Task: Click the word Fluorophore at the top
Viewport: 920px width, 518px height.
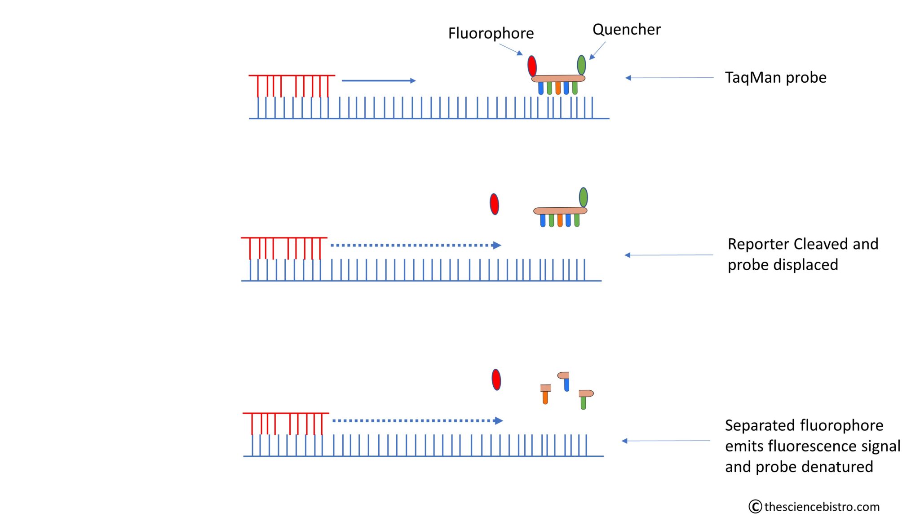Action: pyautogui.click(x=491, y=33)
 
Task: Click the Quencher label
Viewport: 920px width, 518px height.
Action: pyautogui.click(x=626, y=30)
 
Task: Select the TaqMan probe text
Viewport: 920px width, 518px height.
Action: pyautogui.click(x=775, y=77)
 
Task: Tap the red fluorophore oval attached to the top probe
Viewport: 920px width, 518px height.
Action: pyautogui.click(x=532, y=66)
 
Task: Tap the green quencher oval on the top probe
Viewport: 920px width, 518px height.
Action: pyautogui.click(x=581, y=65)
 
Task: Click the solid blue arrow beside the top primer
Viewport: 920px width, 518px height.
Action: pyautogui.click(x=378, y=80)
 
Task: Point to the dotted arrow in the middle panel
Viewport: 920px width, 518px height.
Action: pyautogui.click(x=416, y=245)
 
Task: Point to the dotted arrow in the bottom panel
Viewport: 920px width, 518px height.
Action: pyautogui.click(x=417, y=420)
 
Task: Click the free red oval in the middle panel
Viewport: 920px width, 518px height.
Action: pyautogui.click(x=494, y=204)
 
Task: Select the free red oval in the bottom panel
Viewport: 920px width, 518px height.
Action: pyautogui.click(x=496, y=380)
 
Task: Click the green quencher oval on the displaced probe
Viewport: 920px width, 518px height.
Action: pyautogui.click(x=583, y=197)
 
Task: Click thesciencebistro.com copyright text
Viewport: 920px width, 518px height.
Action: pyautogui.click(x=822, y=507)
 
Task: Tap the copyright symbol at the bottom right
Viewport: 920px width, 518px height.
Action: pyautogui.click(x=755, y=507)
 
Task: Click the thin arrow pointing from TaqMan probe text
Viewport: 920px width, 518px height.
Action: pyautogui.click(x=669, y=78)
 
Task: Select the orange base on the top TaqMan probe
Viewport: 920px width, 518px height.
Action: pyautogui.click(x=557, y=88)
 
